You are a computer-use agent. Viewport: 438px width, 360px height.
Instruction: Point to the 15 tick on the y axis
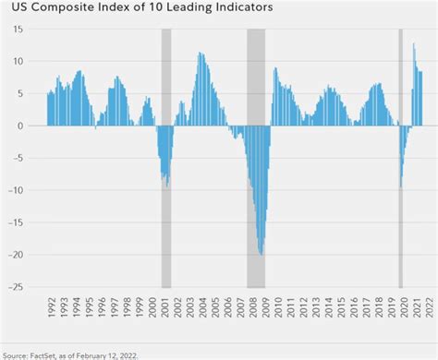pos(30,29)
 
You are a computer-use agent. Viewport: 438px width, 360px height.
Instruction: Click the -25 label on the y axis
pos(28,287)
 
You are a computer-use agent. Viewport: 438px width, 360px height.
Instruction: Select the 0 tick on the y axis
pos(34,126)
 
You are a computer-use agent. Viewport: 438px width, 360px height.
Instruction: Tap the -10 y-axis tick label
pos(28,190)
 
